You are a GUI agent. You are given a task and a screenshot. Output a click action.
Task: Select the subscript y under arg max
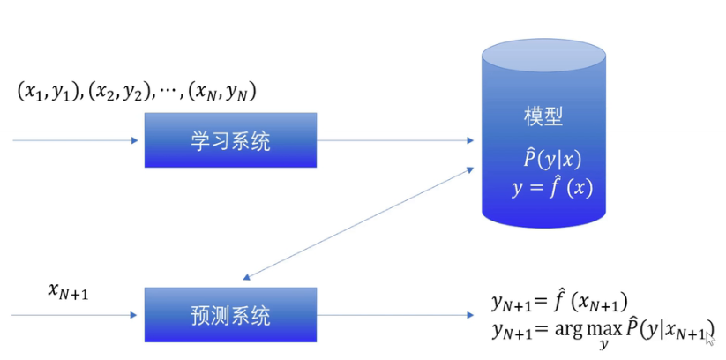[604, 346]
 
